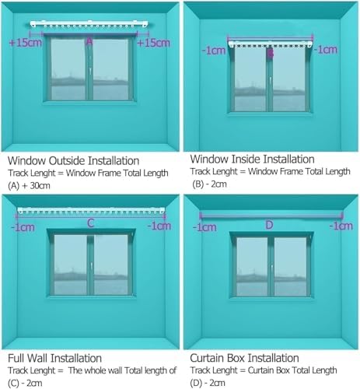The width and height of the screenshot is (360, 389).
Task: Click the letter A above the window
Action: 89,40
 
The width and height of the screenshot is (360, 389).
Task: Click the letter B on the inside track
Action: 270,54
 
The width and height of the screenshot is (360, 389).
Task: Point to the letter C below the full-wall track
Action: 90,223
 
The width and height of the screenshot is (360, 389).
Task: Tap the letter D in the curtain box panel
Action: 269,226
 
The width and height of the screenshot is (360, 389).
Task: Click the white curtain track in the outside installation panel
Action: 89,26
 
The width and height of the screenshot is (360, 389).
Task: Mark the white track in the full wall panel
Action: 90,211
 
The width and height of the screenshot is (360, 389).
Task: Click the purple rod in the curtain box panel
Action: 269,214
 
